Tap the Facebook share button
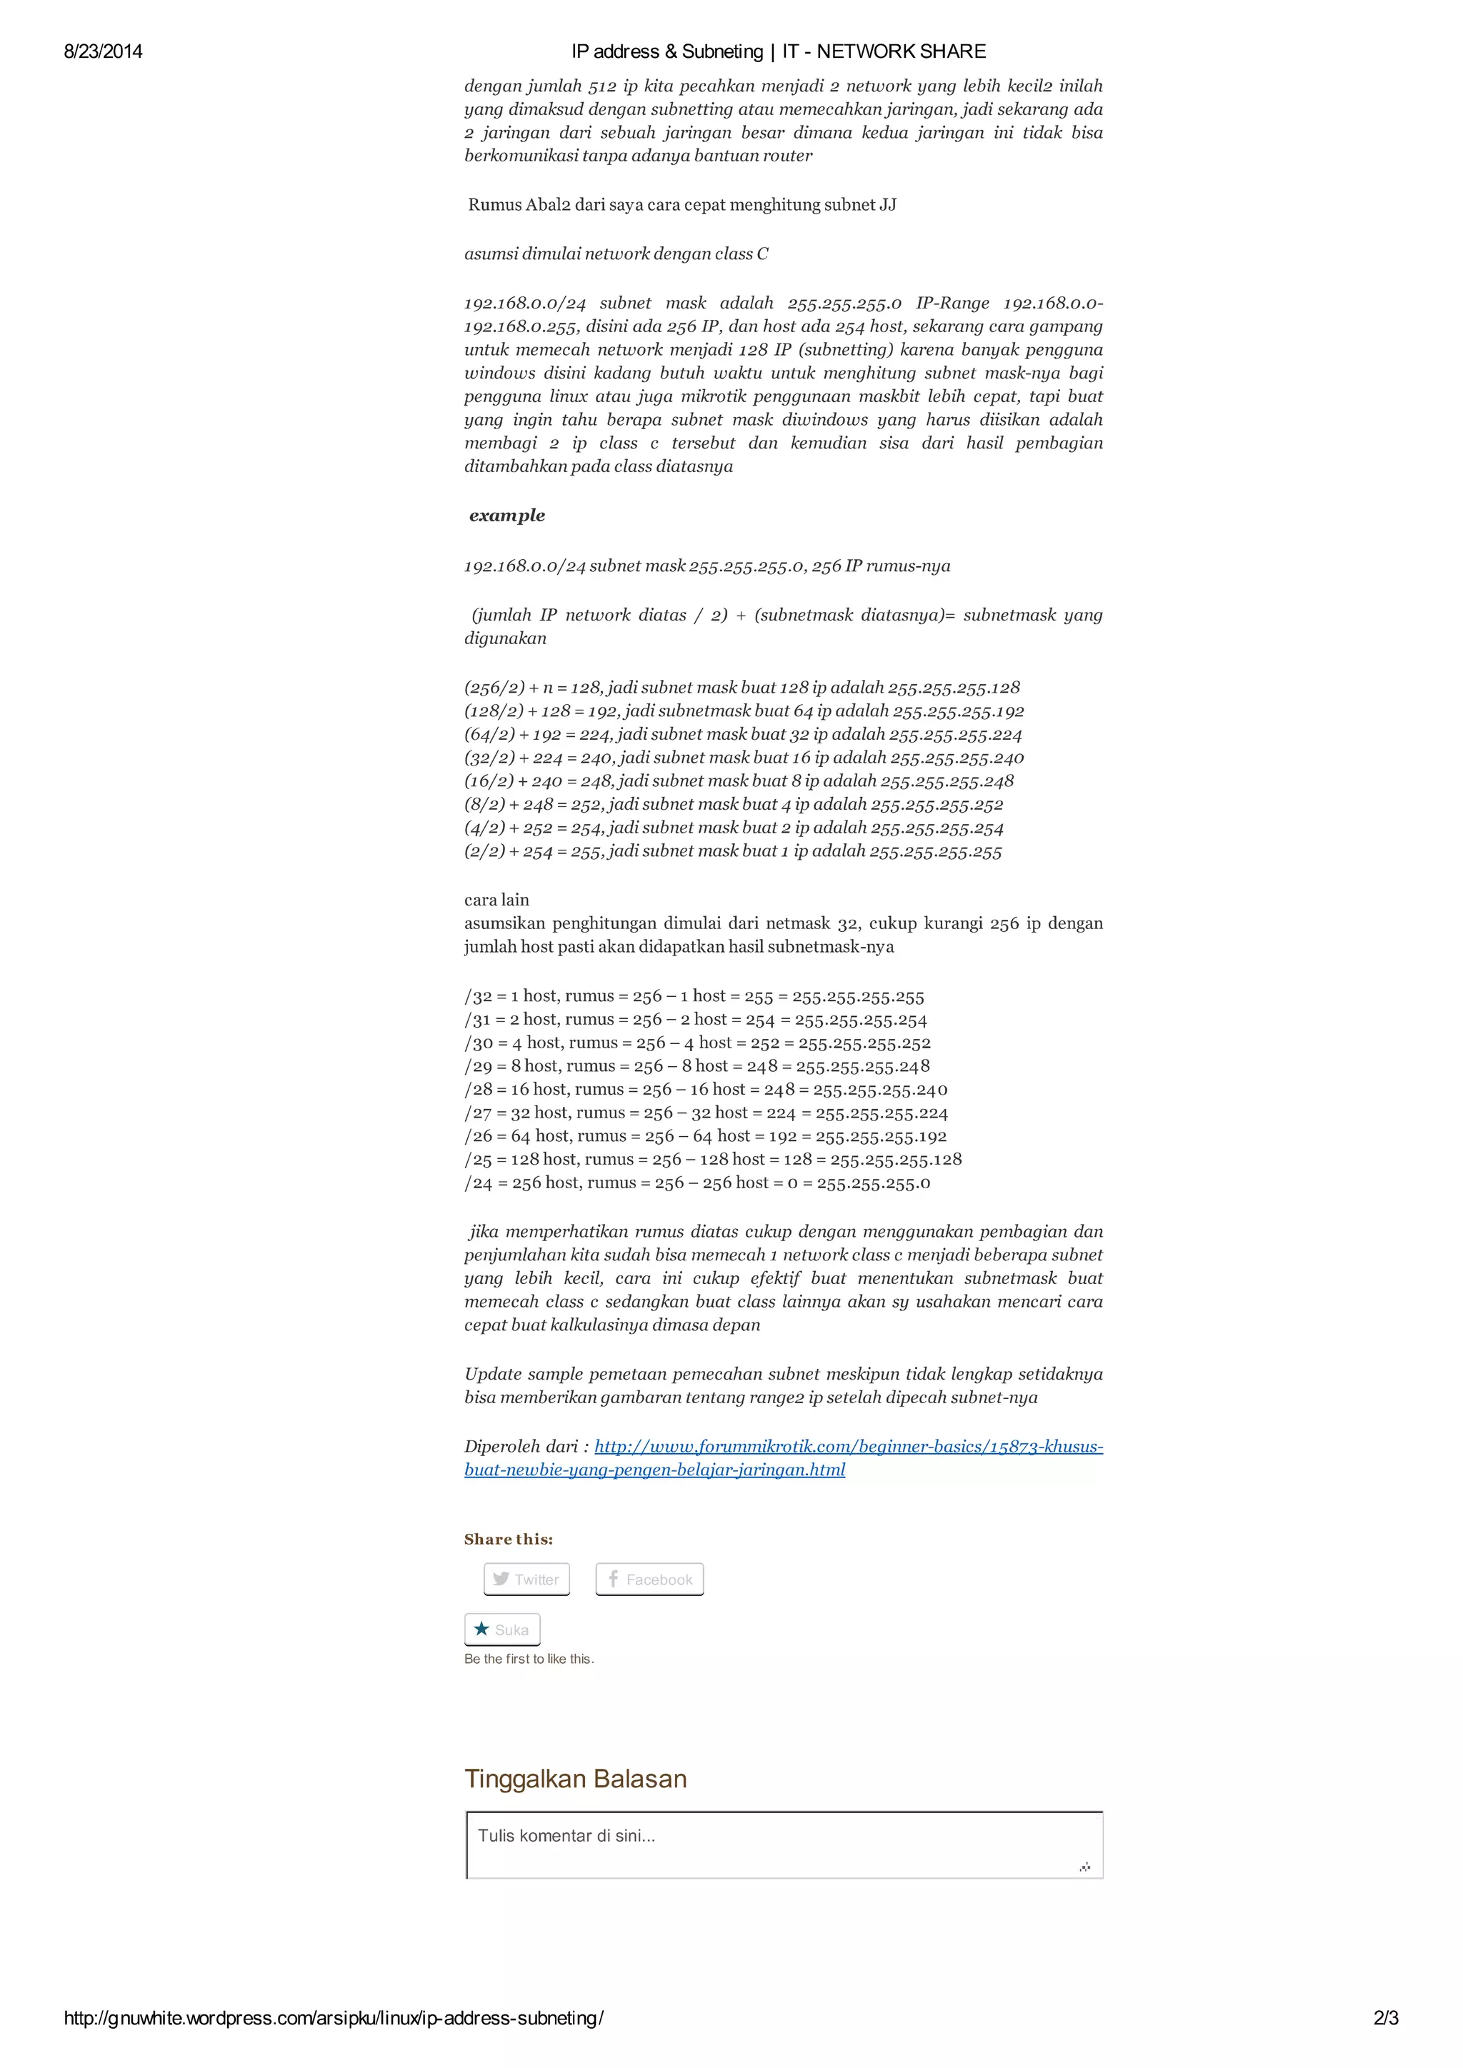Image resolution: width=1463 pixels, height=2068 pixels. click(649, 1579)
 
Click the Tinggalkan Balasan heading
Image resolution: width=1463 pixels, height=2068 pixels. click(575, 1779)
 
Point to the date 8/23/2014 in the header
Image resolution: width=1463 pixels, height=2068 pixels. click(103, 51)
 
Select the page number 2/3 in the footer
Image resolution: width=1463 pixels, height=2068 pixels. click(1386, 2019)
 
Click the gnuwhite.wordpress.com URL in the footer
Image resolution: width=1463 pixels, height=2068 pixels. click(334, 2019)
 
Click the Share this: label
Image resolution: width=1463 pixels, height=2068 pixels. click(508, 1540)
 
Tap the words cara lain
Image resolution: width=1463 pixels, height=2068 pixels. click(496, 900)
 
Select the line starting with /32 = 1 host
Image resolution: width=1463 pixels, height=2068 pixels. click(694, 996)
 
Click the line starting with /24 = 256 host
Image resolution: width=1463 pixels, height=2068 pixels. click(696, 1183)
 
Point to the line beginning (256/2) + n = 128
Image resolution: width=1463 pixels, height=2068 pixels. click(742, 687)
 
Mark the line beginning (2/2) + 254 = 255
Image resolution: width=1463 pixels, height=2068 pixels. click(732, 851)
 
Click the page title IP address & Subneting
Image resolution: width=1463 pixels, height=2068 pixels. click(779, 51)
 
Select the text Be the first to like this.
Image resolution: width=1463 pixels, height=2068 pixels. click(529, 1659)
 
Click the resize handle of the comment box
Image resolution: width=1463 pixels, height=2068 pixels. click(1084, 1867)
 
